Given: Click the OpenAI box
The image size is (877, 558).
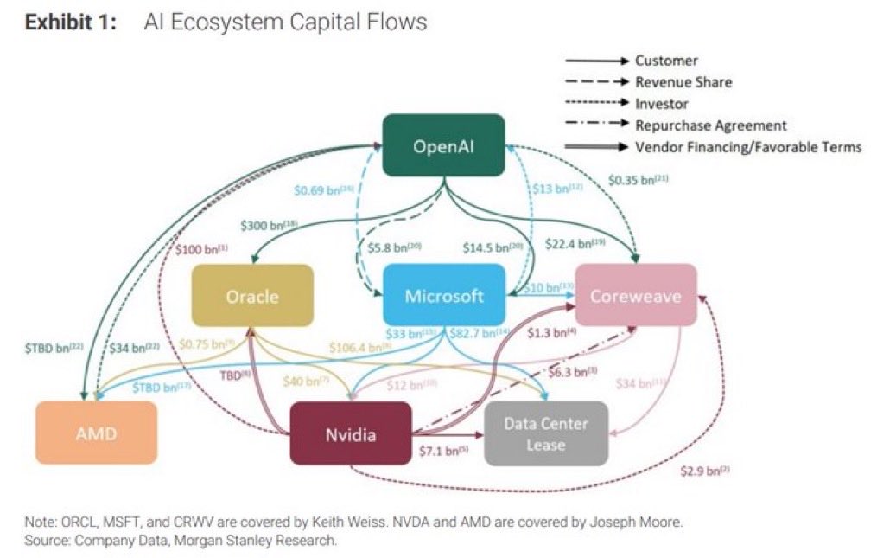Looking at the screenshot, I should [443, 145].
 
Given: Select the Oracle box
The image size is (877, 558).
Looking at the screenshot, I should [252, 297].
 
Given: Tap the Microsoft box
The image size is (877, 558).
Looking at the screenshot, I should [443, 296].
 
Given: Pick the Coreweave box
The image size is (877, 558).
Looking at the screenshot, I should [635, 296].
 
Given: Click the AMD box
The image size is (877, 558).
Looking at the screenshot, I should [96, 433].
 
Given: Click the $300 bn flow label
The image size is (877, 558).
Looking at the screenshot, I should [267, 225].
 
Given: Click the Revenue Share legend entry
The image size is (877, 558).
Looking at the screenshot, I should [683, 82].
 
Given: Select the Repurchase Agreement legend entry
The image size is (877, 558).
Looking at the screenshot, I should [710, 125].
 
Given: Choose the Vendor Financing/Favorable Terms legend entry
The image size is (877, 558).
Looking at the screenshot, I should [747, 147].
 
